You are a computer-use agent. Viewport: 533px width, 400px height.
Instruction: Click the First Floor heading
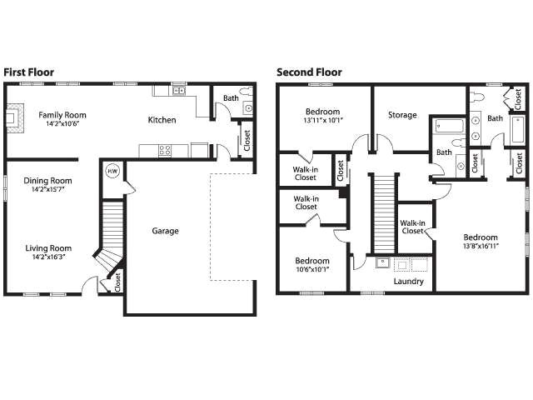pos(29,72)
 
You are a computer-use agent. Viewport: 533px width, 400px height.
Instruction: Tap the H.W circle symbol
pos(112,172)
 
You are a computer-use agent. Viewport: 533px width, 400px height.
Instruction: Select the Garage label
pos(165,231)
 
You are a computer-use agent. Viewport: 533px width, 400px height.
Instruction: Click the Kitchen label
pos(162,120)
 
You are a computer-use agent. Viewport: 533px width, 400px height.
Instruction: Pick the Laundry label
pos(408,281)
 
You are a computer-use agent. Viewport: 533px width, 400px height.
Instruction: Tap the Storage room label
pos(402,115)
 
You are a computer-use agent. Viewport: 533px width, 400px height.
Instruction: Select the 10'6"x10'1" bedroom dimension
pos(307,269)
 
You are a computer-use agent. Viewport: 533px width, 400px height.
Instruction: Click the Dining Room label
pos(47,180)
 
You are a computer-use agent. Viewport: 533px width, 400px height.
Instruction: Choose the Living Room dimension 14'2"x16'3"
pos(47,257)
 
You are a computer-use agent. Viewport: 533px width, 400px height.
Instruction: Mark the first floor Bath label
pos(230,98)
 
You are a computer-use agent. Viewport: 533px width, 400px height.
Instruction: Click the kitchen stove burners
pos(165,151)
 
